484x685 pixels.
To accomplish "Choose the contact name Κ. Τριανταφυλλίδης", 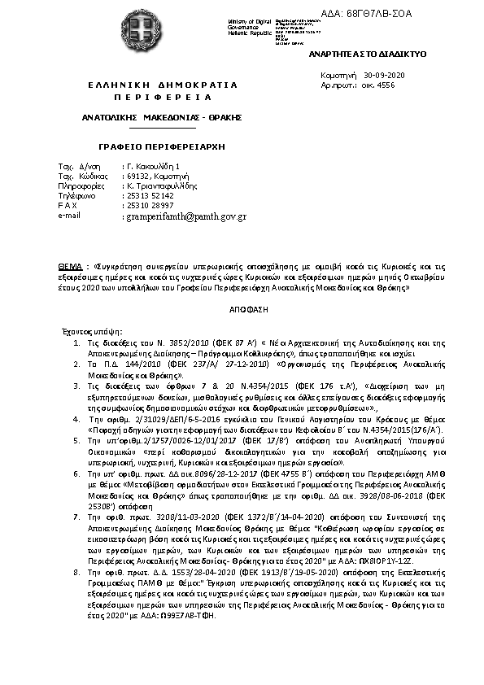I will (159, 185).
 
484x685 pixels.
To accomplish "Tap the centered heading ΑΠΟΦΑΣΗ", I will (242, 311).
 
